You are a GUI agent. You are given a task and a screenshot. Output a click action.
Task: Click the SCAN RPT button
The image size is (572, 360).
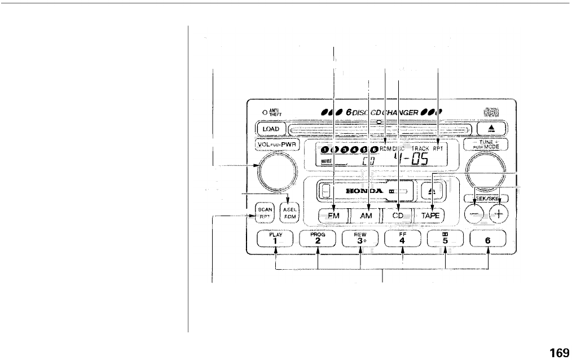point(265,212)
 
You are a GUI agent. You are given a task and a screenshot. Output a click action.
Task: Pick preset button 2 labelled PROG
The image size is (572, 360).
point(318,239)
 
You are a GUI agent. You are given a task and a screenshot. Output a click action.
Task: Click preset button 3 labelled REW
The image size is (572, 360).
point(360,239)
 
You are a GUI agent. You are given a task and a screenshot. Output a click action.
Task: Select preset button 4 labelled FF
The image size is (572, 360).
point(403,239)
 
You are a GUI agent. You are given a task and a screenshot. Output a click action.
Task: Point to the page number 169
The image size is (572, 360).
point(559,353)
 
